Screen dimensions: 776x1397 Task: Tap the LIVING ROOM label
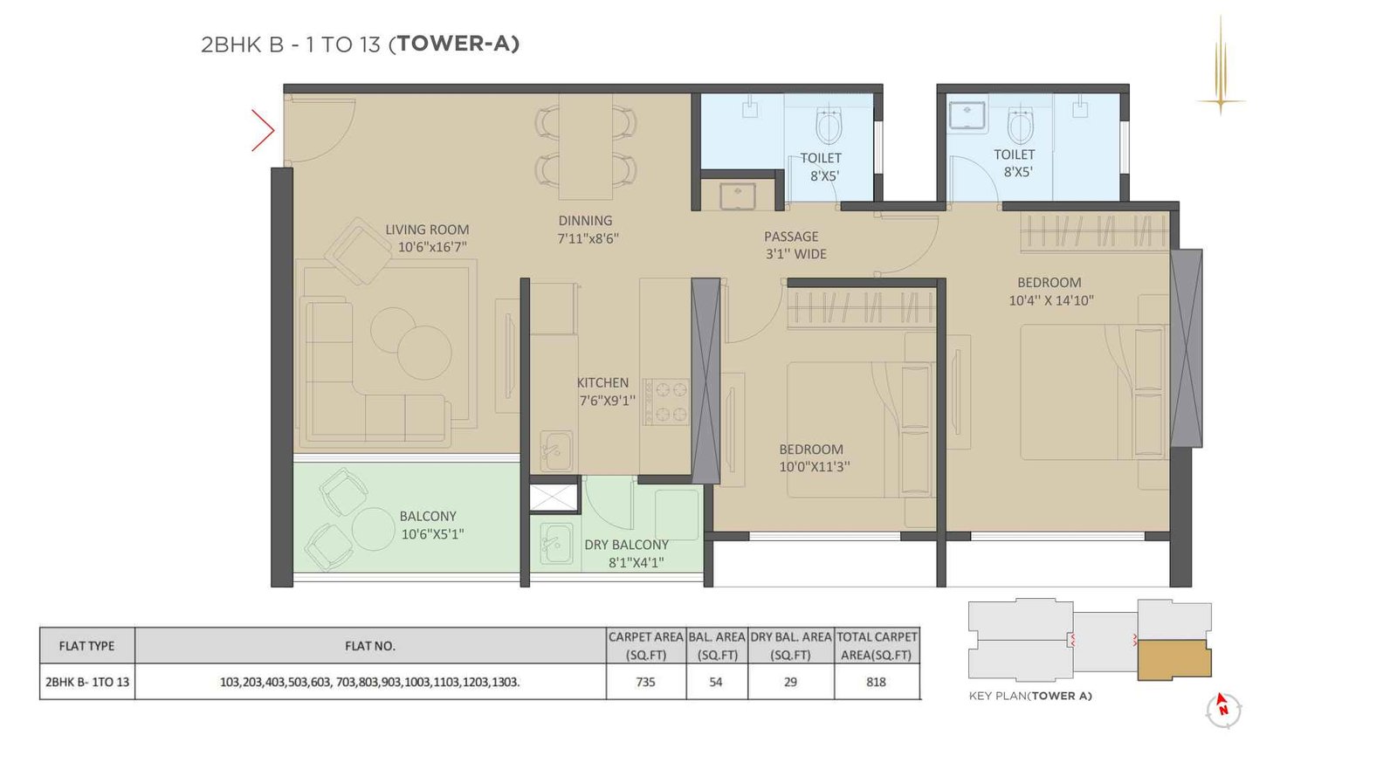pyautogui.click(x=427, y=230)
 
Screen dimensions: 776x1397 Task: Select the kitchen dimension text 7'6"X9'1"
pyautogui.click(x=607, y=401)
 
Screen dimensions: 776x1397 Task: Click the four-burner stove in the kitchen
pyautogui.click(x=665, y=402)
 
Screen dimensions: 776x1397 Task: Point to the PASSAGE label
pyautogui.click(x=791, y=237)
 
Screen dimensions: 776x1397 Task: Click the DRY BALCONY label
pyautogui.click(x=626, y=545)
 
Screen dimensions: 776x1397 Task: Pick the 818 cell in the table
pyautogui.click(x=876, y=682)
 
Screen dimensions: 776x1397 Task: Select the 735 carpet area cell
pyautogui.click(x=645, y=682)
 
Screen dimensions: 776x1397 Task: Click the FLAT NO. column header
pyautogui.click(x=369, y=646)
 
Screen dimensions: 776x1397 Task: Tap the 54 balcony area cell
pyautogui.click(x=716, y=682)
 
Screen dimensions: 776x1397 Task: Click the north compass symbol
pyautogui.click(x=1223, y=710)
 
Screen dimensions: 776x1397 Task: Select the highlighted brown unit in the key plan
pyautogui.click(x=1173, y=660)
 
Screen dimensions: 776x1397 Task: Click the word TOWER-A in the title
pyautogui.click(x=458, y=44)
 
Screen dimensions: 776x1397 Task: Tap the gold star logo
pyautogui.click(x=1221, y=101)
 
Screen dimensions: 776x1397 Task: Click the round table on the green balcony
pyautogui.click(x=374, y=529)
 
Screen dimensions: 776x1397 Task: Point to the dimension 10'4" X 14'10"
pyautogui.click(x=1050, y=300)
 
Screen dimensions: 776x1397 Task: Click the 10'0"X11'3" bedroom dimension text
pyautogui.click(x=814, y=467)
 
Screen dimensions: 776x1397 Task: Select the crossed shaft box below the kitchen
pyautogui.click(x=554, y=497)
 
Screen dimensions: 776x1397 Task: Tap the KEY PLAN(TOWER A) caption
pyautogui.click(x=1030, y=696)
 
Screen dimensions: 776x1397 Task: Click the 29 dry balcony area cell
pyautogui.click(x=790, y=682)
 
